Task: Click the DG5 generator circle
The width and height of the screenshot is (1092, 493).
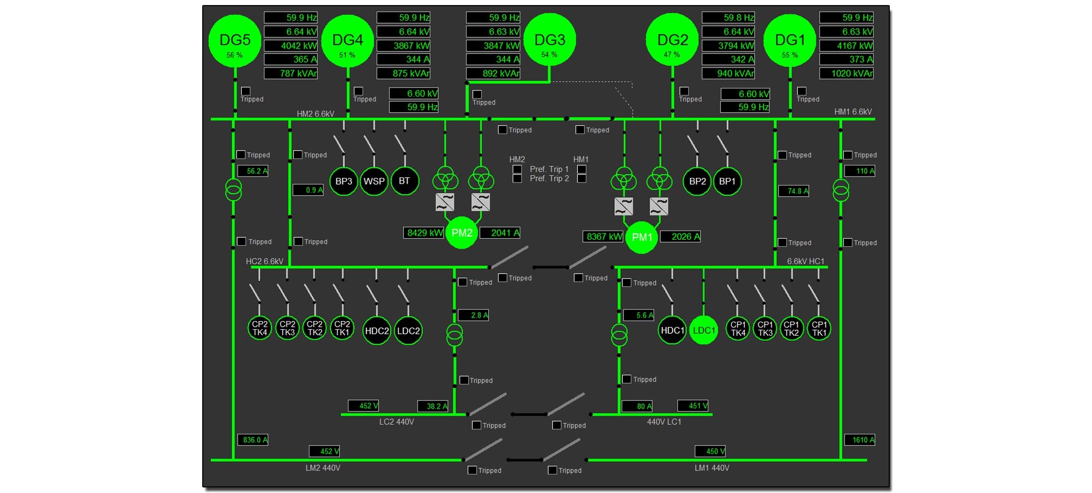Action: [x=235, y=40]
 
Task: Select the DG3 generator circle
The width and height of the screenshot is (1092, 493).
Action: [x=550, y=39]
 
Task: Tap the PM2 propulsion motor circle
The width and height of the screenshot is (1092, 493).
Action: [x=462, y=233]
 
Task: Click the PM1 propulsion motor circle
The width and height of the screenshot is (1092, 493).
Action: [x=642, y=237]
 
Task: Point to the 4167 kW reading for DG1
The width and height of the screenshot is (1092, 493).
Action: [x=847, y=46]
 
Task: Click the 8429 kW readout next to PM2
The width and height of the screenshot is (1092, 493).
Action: [x=424, y=233]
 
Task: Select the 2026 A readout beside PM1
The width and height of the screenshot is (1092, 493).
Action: [x=680, y=237]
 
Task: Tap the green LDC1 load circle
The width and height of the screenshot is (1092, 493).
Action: [x=704, y=330]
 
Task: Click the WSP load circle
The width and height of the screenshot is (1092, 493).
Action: [x=374, y=181]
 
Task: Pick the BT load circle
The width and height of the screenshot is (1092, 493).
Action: [x=404, y=181]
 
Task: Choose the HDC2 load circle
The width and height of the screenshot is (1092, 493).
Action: [x=377, y=331]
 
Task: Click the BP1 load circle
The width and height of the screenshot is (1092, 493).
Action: [x=727, y=181]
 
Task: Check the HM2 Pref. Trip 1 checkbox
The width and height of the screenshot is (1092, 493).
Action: [x=517, y=169]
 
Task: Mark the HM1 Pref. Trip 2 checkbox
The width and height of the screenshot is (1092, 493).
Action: [x=582, y=178]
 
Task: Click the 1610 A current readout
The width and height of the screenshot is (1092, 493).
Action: [x=860, y=440]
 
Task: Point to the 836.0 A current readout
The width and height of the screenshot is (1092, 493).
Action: [x=253, y=440]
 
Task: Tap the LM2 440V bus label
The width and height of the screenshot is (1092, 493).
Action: [x=323, y=468]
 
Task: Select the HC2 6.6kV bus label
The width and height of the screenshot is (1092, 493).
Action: [x=264, y=261]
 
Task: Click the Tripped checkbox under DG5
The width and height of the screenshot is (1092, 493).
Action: [x=246, y=91]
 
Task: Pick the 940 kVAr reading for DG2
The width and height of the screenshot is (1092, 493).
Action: [x=729, y=73]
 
